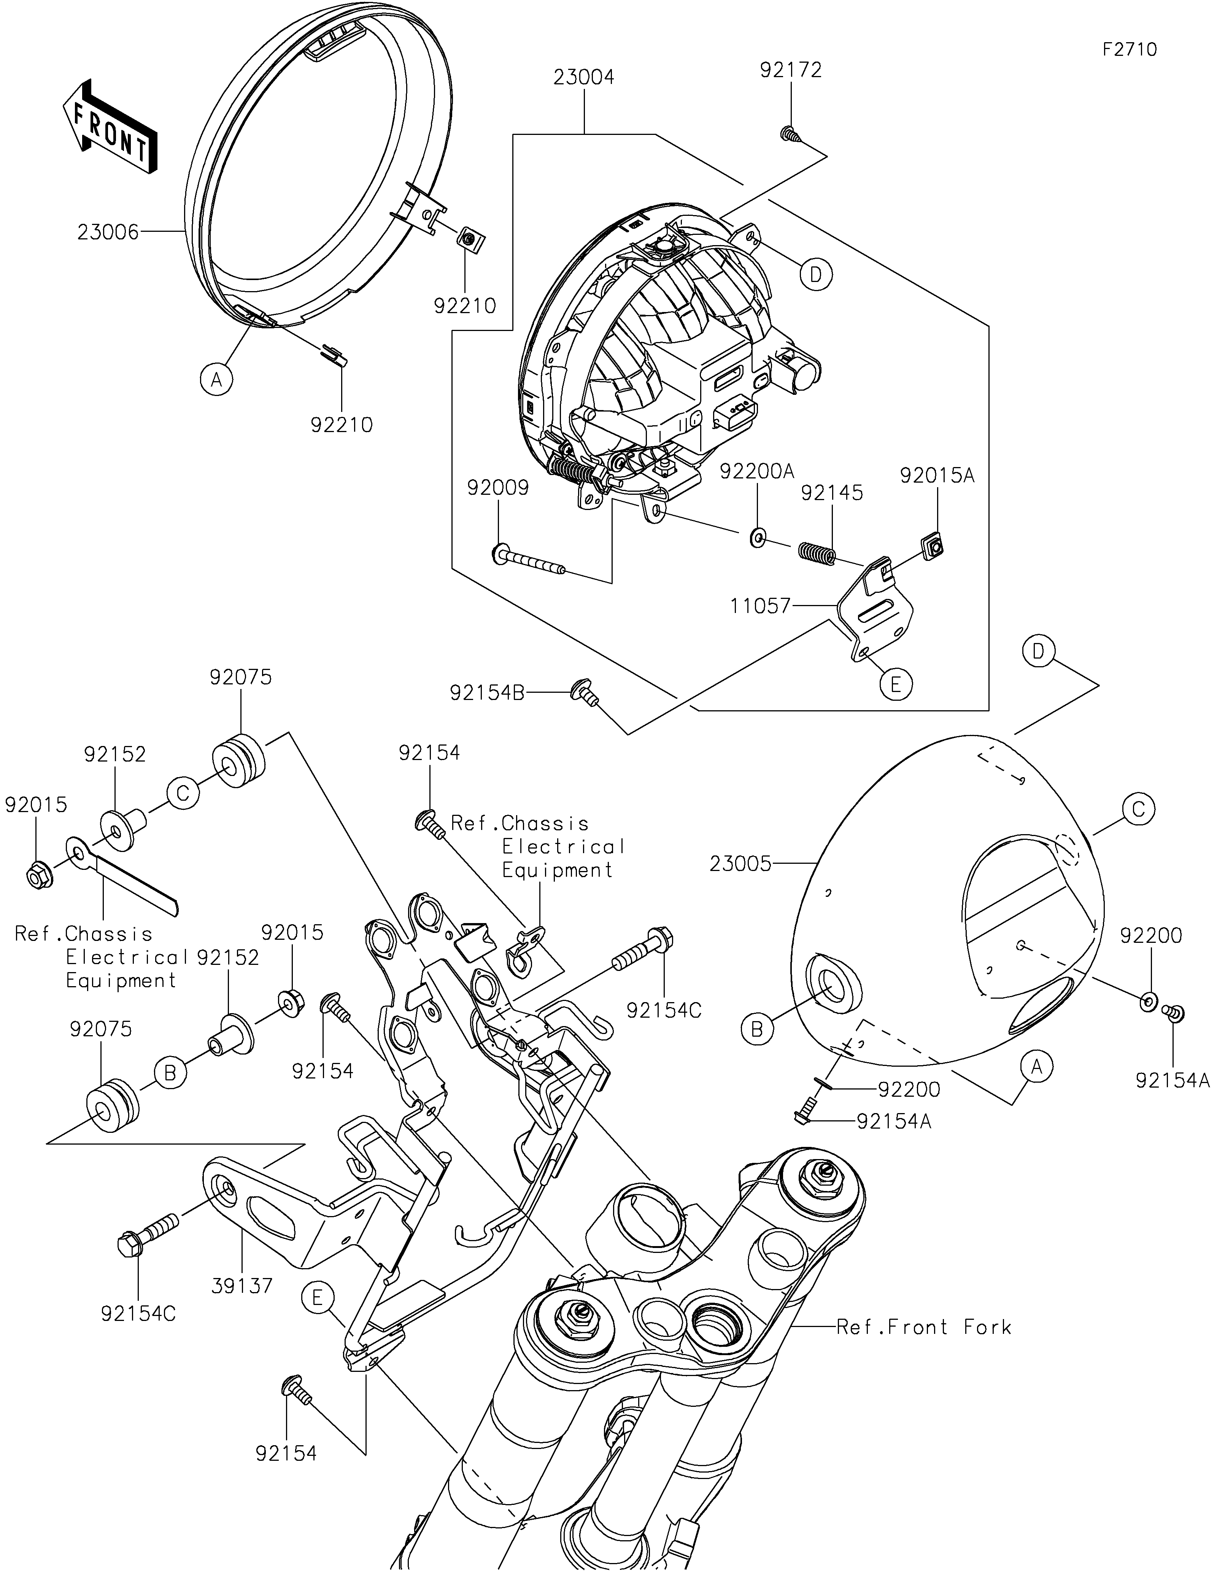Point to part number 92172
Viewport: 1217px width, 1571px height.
click(x=790, y=71)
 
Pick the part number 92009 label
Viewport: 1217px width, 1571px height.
click(x=498, y=488)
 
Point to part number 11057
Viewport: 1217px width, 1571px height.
click(x=761, y=607)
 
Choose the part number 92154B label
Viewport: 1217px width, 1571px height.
click(x=487, y=693)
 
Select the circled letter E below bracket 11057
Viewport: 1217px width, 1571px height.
click(x=895, y=683)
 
